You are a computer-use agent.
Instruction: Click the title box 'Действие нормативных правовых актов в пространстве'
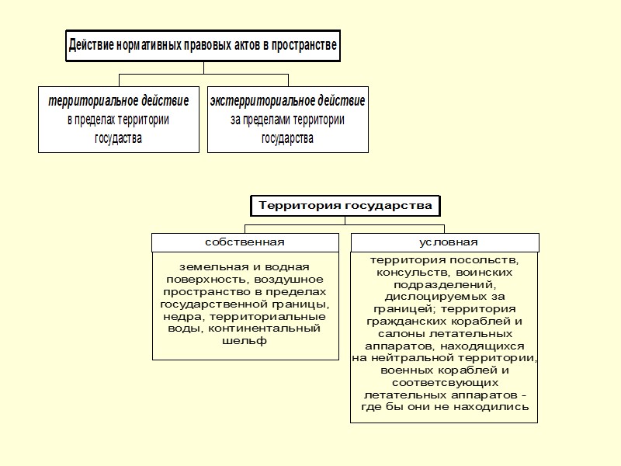[x=203, y=46]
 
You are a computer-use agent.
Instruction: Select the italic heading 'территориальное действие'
[x=119, y=102]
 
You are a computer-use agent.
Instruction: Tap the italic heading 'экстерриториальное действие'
[x=287, y=102]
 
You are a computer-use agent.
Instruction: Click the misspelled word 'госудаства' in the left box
[x=119, y=139]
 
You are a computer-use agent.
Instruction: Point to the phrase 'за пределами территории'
[x=287, y=120]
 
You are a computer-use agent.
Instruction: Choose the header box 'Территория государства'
[x=345, y=206]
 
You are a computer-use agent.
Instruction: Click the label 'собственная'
[x=245, y=242]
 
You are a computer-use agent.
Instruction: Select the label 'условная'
[x=443, y=242]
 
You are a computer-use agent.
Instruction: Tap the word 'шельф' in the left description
[x=245, y=341]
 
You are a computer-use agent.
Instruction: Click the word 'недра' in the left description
[x=179, y=316]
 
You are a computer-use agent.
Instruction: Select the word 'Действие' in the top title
[x=92, y=46]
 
